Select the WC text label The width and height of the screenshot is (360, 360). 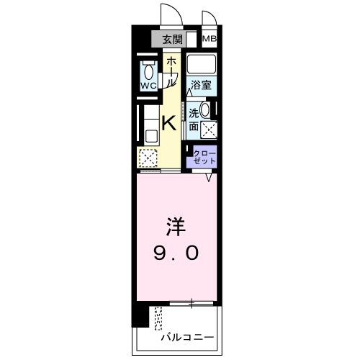pos(149,86)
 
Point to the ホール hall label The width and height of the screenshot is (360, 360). pos(171,73)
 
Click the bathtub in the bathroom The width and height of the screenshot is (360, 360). pos(202,63)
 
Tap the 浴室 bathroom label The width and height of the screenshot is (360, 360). pos(202,86)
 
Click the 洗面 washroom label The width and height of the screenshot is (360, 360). pos(194,120)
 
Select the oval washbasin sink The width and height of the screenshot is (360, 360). pos(206,111)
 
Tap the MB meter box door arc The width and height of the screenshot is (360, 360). pos(209,19)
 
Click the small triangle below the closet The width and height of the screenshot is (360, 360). pos(210,177)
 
